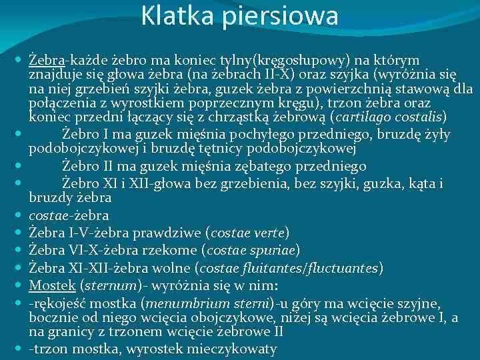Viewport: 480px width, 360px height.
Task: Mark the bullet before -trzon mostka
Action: coord(19,349)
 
